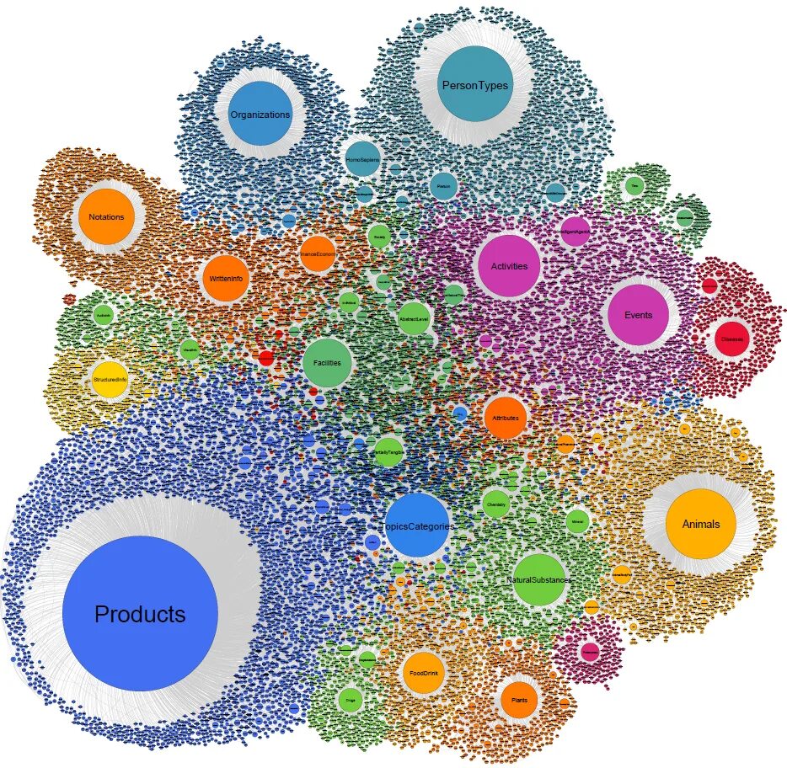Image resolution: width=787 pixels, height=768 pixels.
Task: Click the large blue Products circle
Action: click(140, 614)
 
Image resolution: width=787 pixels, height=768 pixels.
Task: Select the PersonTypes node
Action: click(475, 84)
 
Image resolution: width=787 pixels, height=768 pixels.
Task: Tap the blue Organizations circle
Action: click(260, 114)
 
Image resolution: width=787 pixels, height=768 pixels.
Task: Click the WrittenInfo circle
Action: click(225, 280)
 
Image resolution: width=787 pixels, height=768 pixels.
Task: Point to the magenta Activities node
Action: click(508, 266)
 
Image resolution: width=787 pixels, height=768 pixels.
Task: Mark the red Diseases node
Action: click(732, 339)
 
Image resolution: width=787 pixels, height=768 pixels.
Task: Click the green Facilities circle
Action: click(327, 363)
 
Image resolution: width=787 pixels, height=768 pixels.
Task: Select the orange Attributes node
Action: click(506, 418)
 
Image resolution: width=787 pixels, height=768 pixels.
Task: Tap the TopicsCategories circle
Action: click(418, 525)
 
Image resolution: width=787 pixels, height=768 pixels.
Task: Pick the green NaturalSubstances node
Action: click(539, 580)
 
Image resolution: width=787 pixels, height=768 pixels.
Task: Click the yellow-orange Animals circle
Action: click(700, 524)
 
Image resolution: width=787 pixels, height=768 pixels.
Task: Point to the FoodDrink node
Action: click(424, 674)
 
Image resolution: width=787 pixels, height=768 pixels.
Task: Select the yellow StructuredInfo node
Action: click(110, 380)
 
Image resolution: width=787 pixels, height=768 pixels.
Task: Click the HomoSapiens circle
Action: click(363, 158)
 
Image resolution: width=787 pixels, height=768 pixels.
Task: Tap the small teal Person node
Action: click(443, 186)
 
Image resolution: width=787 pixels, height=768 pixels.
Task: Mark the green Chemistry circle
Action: click(495, 504)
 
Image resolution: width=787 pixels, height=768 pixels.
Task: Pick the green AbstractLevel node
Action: click(414, 319)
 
